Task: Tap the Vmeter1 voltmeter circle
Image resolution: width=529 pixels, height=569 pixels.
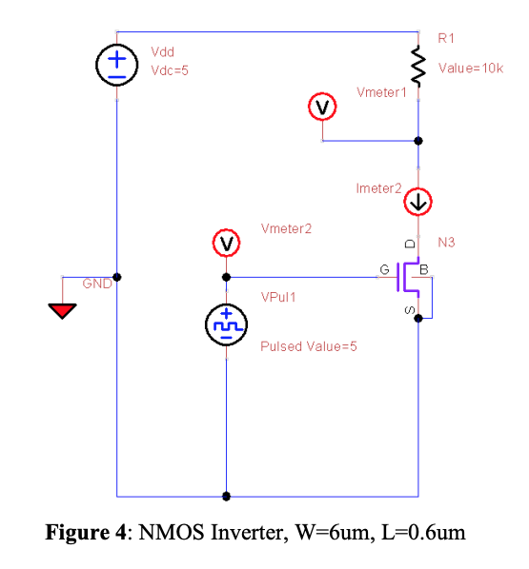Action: (x=322, y=108)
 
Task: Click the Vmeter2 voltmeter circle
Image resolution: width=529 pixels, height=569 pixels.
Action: (x=226, y=245)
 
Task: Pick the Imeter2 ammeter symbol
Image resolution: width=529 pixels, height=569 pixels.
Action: (x=417, y=202)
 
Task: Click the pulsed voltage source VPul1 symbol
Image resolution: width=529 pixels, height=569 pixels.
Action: (x=226, y=326)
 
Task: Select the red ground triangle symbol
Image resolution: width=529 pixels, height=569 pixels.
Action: (x=63, y=311)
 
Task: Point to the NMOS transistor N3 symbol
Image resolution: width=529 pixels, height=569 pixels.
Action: (x=412, y=277)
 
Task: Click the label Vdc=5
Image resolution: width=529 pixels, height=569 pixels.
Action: (x=170, y=69)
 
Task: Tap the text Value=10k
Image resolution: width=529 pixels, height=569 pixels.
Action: (x=470, y=69)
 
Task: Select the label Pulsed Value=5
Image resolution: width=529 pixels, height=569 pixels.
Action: (x=308, y=346)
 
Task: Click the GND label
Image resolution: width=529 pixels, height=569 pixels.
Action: (x=96, y=284)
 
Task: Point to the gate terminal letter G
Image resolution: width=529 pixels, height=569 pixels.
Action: (x=384, y=270)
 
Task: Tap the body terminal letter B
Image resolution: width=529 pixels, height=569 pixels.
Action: (x=425, y=270)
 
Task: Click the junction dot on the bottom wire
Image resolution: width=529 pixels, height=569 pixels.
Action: (x=226, y=496)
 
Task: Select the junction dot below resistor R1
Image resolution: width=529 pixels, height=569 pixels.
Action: (x=417, y=141)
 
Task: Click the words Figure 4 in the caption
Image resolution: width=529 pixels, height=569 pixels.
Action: (x=86, y=532)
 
